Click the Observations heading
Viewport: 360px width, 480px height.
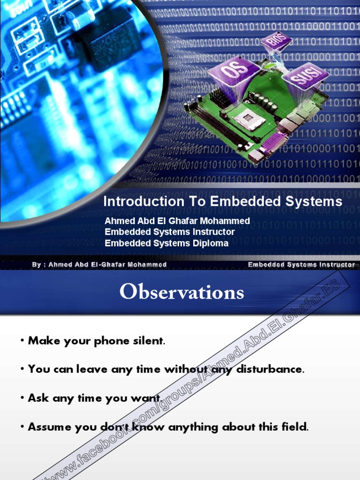[x=181, y=292]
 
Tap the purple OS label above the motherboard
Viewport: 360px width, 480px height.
[x=233, y=73]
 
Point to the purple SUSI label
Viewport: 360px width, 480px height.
[x=305, y=76]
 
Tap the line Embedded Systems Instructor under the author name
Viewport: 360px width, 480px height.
[x=170, y=232]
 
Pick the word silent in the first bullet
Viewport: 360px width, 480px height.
[x=149, y=341]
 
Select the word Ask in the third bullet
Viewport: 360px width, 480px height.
[x=38, y=398]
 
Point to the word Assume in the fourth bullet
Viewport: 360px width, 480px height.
[x=47, y=427]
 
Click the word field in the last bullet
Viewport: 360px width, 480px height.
[x=296, y=427]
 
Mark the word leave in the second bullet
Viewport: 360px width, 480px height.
[x=92, y=369]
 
